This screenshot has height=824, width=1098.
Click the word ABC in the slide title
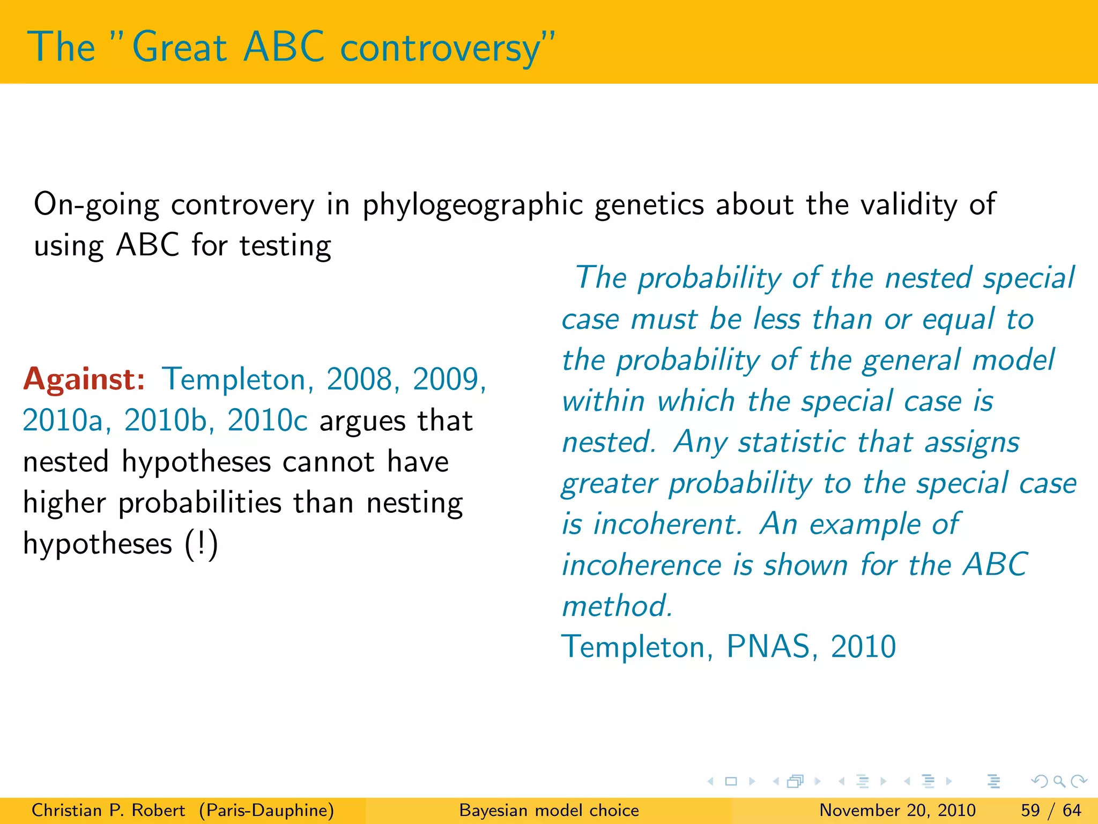[x=283, y=47]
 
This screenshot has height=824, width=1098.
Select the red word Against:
[x=84, y=379]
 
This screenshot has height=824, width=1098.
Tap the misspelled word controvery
[x=242, y=205]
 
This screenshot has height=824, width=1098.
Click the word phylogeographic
[x=472, y=205]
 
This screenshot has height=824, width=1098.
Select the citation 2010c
[x=267, y=421]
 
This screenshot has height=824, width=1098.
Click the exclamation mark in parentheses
[x=202, y=544]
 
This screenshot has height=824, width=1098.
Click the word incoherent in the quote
[x=667, y=524]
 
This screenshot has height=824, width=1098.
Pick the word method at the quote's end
[x=617, y=606]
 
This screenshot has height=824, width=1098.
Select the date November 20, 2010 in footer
[x=897, y=810]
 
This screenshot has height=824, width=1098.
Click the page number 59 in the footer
[x=1030, y=810]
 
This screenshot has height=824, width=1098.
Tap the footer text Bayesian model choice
[x=549, y=810]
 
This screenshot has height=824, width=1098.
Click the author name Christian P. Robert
[x=108, y=810]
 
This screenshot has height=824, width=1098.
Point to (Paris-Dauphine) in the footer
[x=266, y=810]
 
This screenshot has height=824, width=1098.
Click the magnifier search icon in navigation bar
[x=1059, y=782]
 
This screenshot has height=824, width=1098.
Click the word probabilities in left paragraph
[x=200, y=504]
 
